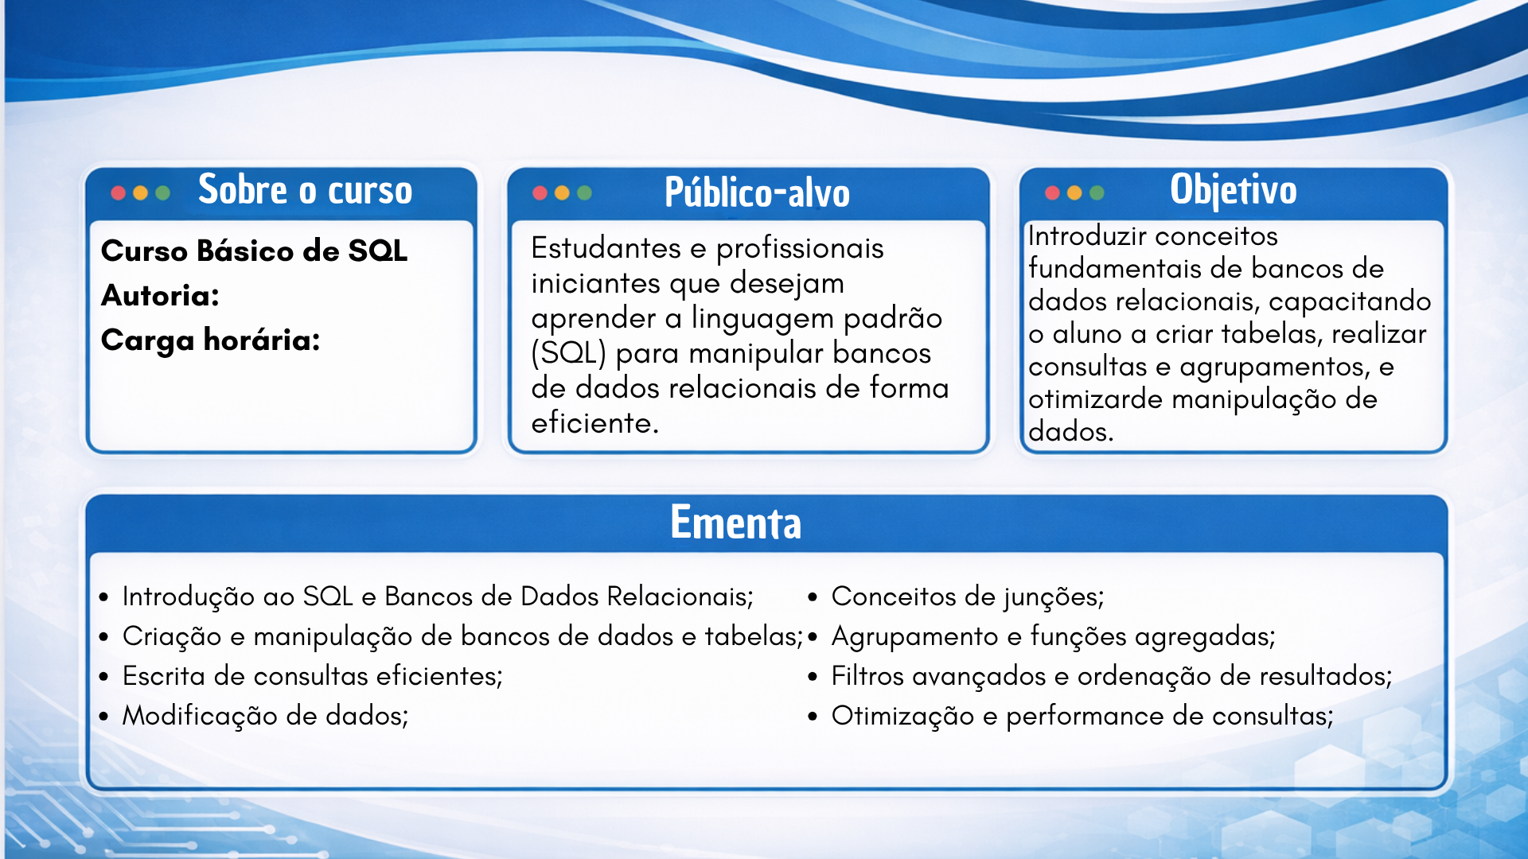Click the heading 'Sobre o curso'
tap(306, 190)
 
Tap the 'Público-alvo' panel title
tap(757, 192)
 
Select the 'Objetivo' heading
tap(1234, 191)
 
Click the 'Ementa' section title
tap(735, 523)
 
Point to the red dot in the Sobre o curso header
tap(119, 192)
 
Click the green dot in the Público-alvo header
tap(584, 192)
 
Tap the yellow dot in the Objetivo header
tap(1074, 192)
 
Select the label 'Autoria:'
tap(160, 296)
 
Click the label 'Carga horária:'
tap(211, 340)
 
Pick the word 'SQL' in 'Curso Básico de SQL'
tap(378, 251)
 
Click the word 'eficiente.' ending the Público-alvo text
tap(595, 423)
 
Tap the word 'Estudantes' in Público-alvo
tap(606, 248)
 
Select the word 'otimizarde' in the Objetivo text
tap(1096, 399)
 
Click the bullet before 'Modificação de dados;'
tap(103, 716)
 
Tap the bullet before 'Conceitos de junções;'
tap(813, 597)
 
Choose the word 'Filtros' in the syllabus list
tap(867, 676)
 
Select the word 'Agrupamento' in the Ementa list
tap(915, 637)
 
